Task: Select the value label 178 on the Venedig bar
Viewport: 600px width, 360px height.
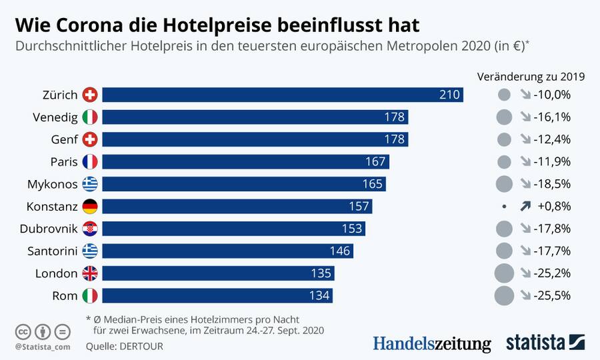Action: [394, 117]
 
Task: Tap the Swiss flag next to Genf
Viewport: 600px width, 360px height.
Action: [90, 139]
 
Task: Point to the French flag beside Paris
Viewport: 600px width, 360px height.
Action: [90, 161]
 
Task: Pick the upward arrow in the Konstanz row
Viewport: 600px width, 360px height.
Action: [525, 207]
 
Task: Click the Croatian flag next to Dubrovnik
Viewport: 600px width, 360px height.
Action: [90, 229]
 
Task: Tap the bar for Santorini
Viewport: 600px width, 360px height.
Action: [227, 251]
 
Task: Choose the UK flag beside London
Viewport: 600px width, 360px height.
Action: [90, 273]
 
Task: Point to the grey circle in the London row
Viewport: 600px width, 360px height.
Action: [505, 273]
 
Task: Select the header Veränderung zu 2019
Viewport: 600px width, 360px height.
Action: [531, 76]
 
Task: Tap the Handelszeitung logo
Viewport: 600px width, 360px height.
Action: [431, 343]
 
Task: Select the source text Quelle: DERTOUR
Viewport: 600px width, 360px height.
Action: [124, 346]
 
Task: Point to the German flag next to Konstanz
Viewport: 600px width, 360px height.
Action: [90, 206]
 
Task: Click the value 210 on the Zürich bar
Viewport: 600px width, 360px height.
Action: [449, 95]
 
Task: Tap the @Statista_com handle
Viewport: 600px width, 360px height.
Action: [43, 347]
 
